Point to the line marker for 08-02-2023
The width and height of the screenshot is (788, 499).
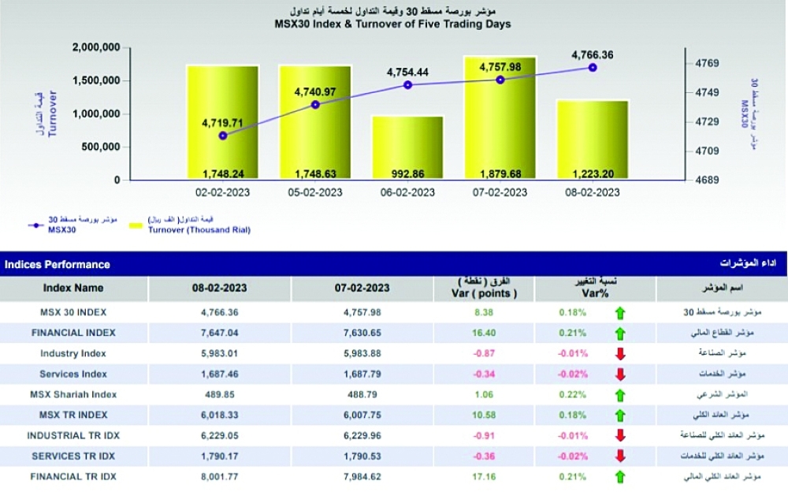pos(593,68)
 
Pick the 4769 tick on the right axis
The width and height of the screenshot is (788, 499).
pos(707,63)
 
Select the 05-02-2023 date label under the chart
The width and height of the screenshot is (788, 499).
pos(315,192)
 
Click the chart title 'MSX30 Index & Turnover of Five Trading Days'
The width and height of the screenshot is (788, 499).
pos(394,24)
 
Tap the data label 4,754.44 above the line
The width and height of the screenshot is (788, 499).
pos(407,72)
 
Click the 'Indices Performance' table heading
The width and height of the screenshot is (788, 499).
pos(58,265)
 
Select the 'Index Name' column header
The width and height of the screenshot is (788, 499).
pos(73,288)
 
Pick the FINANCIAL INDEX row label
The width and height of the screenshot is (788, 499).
pos(73,333)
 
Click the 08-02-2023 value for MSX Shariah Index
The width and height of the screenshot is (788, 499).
pos(220,394)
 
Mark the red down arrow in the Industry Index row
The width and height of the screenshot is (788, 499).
pos(619,354)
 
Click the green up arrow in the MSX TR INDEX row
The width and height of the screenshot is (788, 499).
pos(619,415)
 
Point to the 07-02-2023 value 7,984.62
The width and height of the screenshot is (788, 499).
pos(363,476)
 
